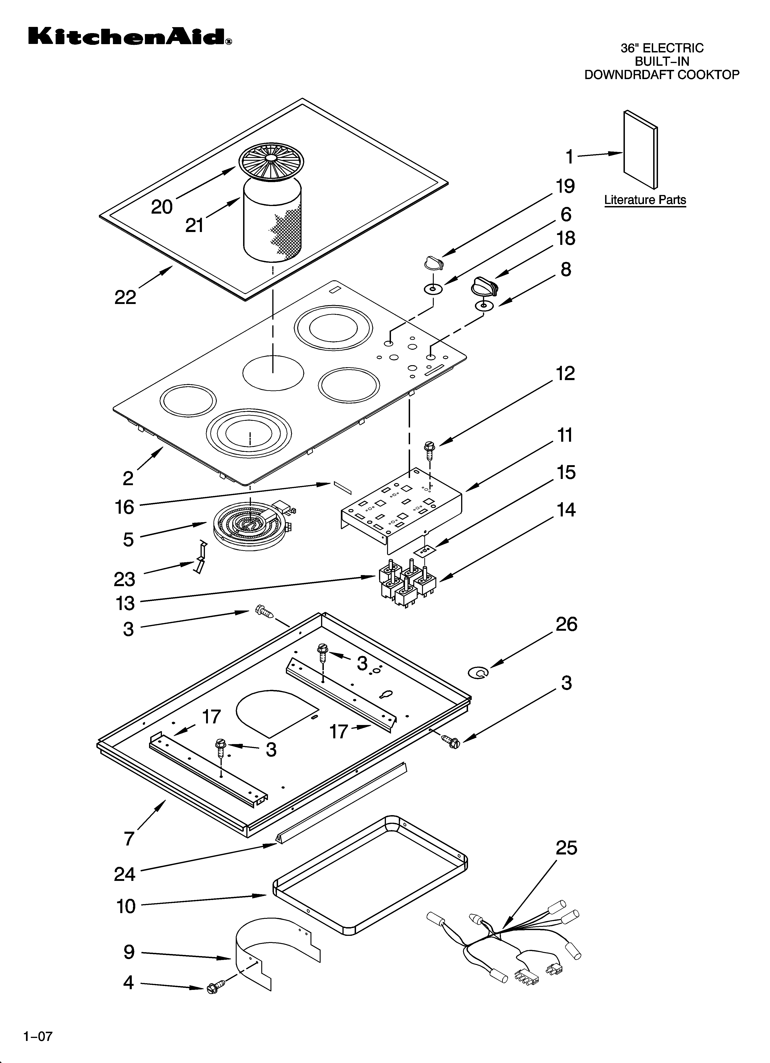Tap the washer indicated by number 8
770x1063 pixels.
(x=484, y=306)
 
